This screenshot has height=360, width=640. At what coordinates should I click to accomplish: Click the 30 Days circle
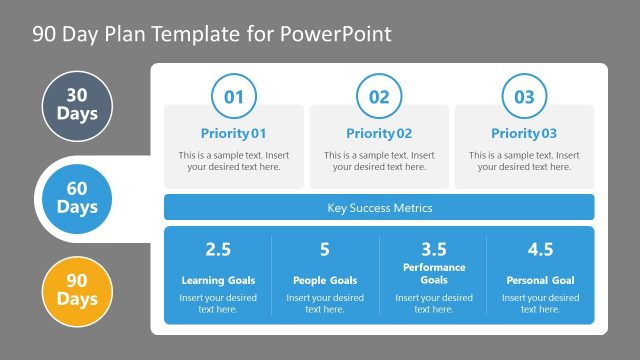tap(77, 105)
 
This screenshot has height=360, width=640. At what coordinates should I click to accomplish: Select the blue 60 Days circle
tap(77, 197)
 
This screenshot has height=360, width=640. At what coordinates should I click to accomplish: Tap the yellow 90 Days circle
tap(77, 289)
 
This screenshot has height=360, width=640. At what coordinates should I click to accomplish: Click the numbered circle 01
tap(233, 97)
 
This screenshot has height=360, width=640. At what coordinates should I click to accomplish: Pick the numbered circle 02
tap(379, 97)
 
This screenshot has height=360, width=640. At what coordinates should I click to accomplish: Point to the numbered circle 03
tap(524, 97)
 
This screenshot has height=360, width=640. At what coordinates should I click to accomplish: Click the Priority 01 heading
tap(233, 133)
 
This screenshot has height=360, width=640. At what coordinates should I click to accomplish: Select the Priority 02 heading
tap(379, 133)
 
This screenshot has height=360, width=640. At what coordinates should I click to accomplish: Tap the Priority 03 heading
tap(524, 133)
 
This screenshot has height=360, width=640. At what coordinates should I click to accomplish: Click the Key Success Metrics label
tap(379, 208)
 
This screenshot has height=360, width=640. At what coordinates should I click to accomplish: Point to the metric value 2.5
tap(218, 249)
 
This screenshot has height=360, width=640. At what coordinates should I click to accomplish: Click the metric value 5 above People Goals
tap(325, 249)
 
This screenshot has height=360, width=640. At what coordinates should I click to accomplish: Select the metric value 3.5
tap(433, 249)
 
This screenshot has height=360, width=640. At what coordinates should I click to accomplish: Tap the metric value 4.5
tap(540, 249)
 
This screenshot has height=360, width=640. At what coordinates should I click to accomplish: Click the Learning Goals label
tap(218, 280)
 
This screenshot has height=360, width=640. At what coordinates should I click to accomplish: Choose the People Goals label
tap(325, 280)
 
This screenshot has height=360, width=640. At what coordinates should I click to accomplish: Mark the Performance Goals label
tap(433, 274)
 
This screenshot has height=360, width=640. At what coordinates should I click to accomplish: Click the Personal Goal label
tap(540, 280)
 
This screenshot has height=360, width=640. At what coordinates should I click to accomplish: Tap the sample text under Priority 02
tap(379, 161)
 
